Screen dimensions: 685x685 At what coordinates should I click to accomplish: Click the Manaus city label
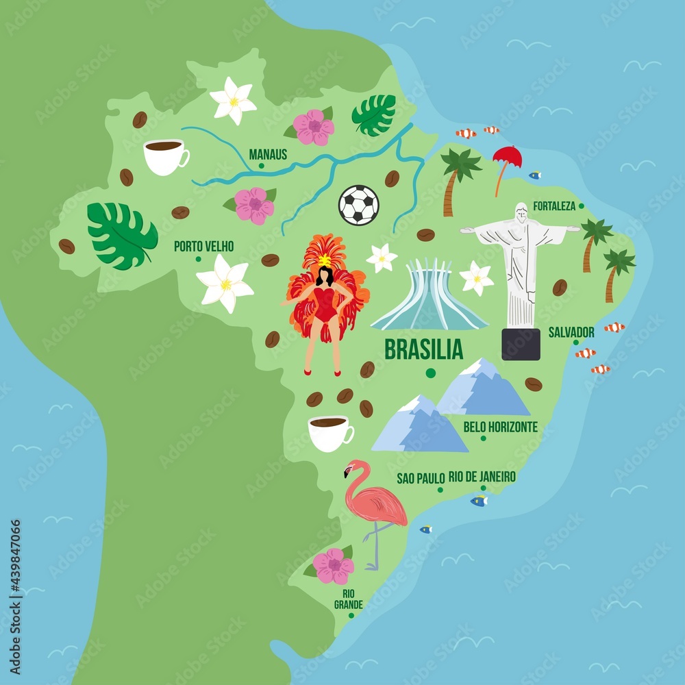tap(268, 154)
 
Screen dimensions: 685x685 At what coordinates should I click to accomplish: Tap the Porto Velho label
tap(203, 246)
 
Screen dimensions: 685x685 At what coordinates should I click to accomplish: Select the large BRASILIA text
tap(423, 349)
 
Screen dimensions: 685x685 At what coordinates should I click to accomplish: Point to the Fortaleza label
tap(554, 206)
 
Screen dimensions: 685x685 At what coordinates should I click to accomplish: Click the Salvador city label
tap(571, 332)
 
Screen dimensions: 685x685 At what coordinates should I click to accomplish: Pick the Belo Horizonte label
tap(500, 427)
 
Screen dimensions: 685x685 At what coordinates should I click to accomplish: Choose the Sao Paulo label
tap(421, 478)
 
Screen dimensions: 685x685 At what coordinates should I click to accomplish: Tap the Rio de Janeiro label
tap(482, 476)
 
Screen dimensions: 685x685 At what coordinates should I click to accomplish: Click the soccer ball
tap(358, 205)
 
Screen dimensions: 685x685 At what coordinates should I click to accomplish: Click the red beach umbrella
tap(508, 158)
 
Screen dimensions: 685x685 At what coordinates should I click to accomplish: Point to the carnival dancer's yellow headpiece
tap(324, 260)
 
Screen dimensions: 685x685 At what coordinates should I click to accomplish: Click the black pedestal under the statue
tap(521, 344)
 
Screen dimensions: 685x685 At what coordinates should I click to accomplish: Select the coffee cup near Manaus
tap(164, 156)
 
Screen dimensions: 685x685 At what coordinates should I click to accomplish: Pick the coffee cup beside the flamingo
tap(329, 433)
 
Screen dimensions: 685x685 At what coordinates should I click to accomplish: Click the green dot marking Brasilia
tap(430, 373)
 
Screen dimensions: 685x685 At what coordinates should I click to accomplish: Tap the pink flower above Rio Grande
tap(334, 566)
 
